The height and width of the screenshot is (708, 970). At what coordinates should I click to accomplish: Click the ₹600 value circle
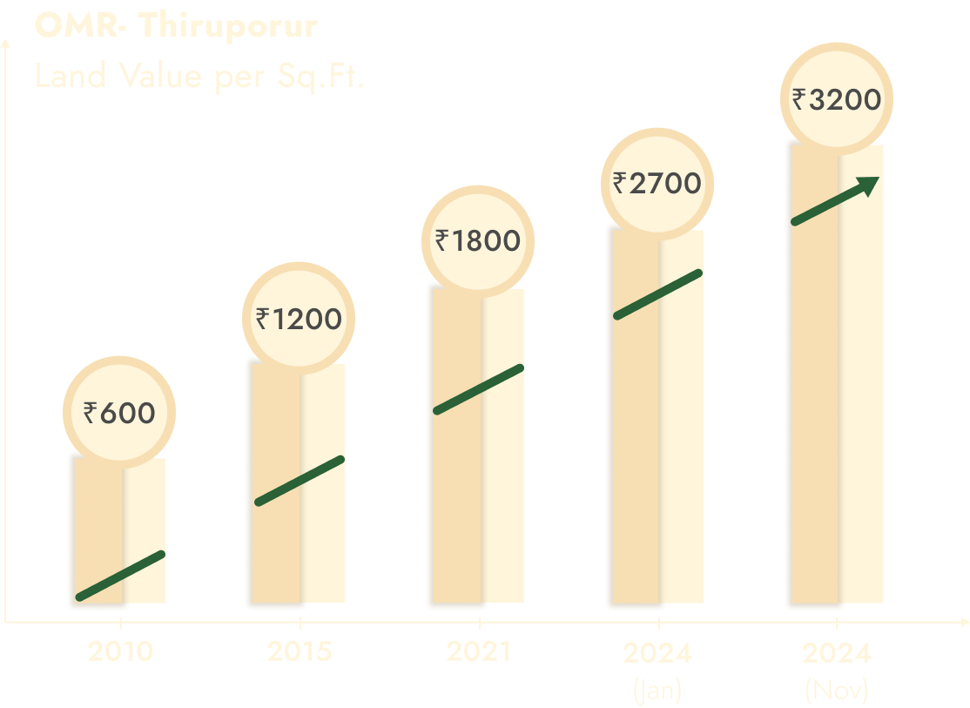click(119, 413)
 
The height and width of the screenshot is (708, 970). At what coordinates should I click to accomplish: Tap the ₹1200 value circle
click(299, 320)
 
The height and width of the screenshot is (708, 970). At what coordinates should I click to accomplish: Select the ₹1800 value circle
click(478, 240)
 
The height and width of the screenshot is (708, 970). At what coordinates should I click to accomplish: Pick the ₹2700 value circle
click(657, 184)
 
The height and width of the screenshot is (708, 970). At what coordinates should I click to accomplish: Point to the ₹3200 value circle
click(837, 100)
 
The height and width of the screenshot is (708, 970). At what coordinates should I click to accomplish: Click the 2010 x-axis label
click(120, 651)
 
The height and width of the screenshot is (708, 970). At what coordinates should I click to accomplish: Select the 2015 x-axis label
click(300, 651)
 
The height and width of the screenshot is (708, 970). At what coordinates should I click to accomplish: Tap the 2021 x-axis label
click(479, 651)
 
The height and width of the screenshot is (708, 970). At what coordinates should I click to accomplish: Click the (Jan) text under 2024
click(657, 691)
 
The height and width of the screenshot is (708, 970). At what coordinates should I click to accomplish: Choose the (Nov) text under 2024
click(837, 691)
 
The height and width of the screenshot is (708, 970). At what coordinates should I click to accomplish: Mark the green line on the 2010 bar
click(120, 576)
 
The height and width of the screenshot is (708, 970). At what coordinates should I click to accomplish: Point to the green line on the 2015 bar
click(300, 481)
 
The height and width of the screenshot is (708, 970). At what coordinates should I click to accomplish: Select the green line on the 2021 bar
click(479, 388)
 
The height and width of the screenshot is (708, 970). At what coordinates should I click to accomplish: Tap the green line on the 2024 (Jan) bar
click(658, 294)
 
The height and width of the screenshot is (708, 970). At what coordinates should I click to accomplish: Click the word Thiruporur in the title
click(227, 26)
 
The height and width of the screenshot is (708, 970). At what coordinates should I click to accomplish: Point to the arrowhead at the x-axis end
click(964, 623)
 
